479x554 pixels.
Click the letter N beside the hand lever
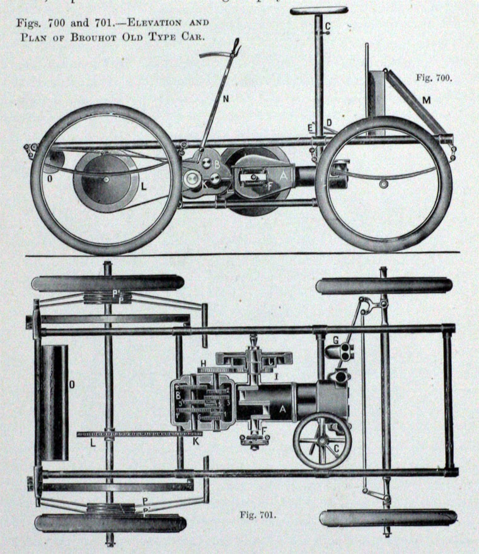pos(226,98)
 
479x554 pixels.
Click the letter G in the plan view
pos(335,341)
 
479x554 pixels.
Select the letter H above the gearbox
pos(203,362)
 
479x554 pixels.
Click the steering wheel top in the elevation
pos(318,11)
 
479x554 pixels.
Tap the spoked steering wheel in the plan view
pos(322,440)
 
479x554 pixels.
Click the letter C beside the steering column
pos(327,26)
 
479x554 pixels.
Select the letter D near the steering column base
pos(328,122)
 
